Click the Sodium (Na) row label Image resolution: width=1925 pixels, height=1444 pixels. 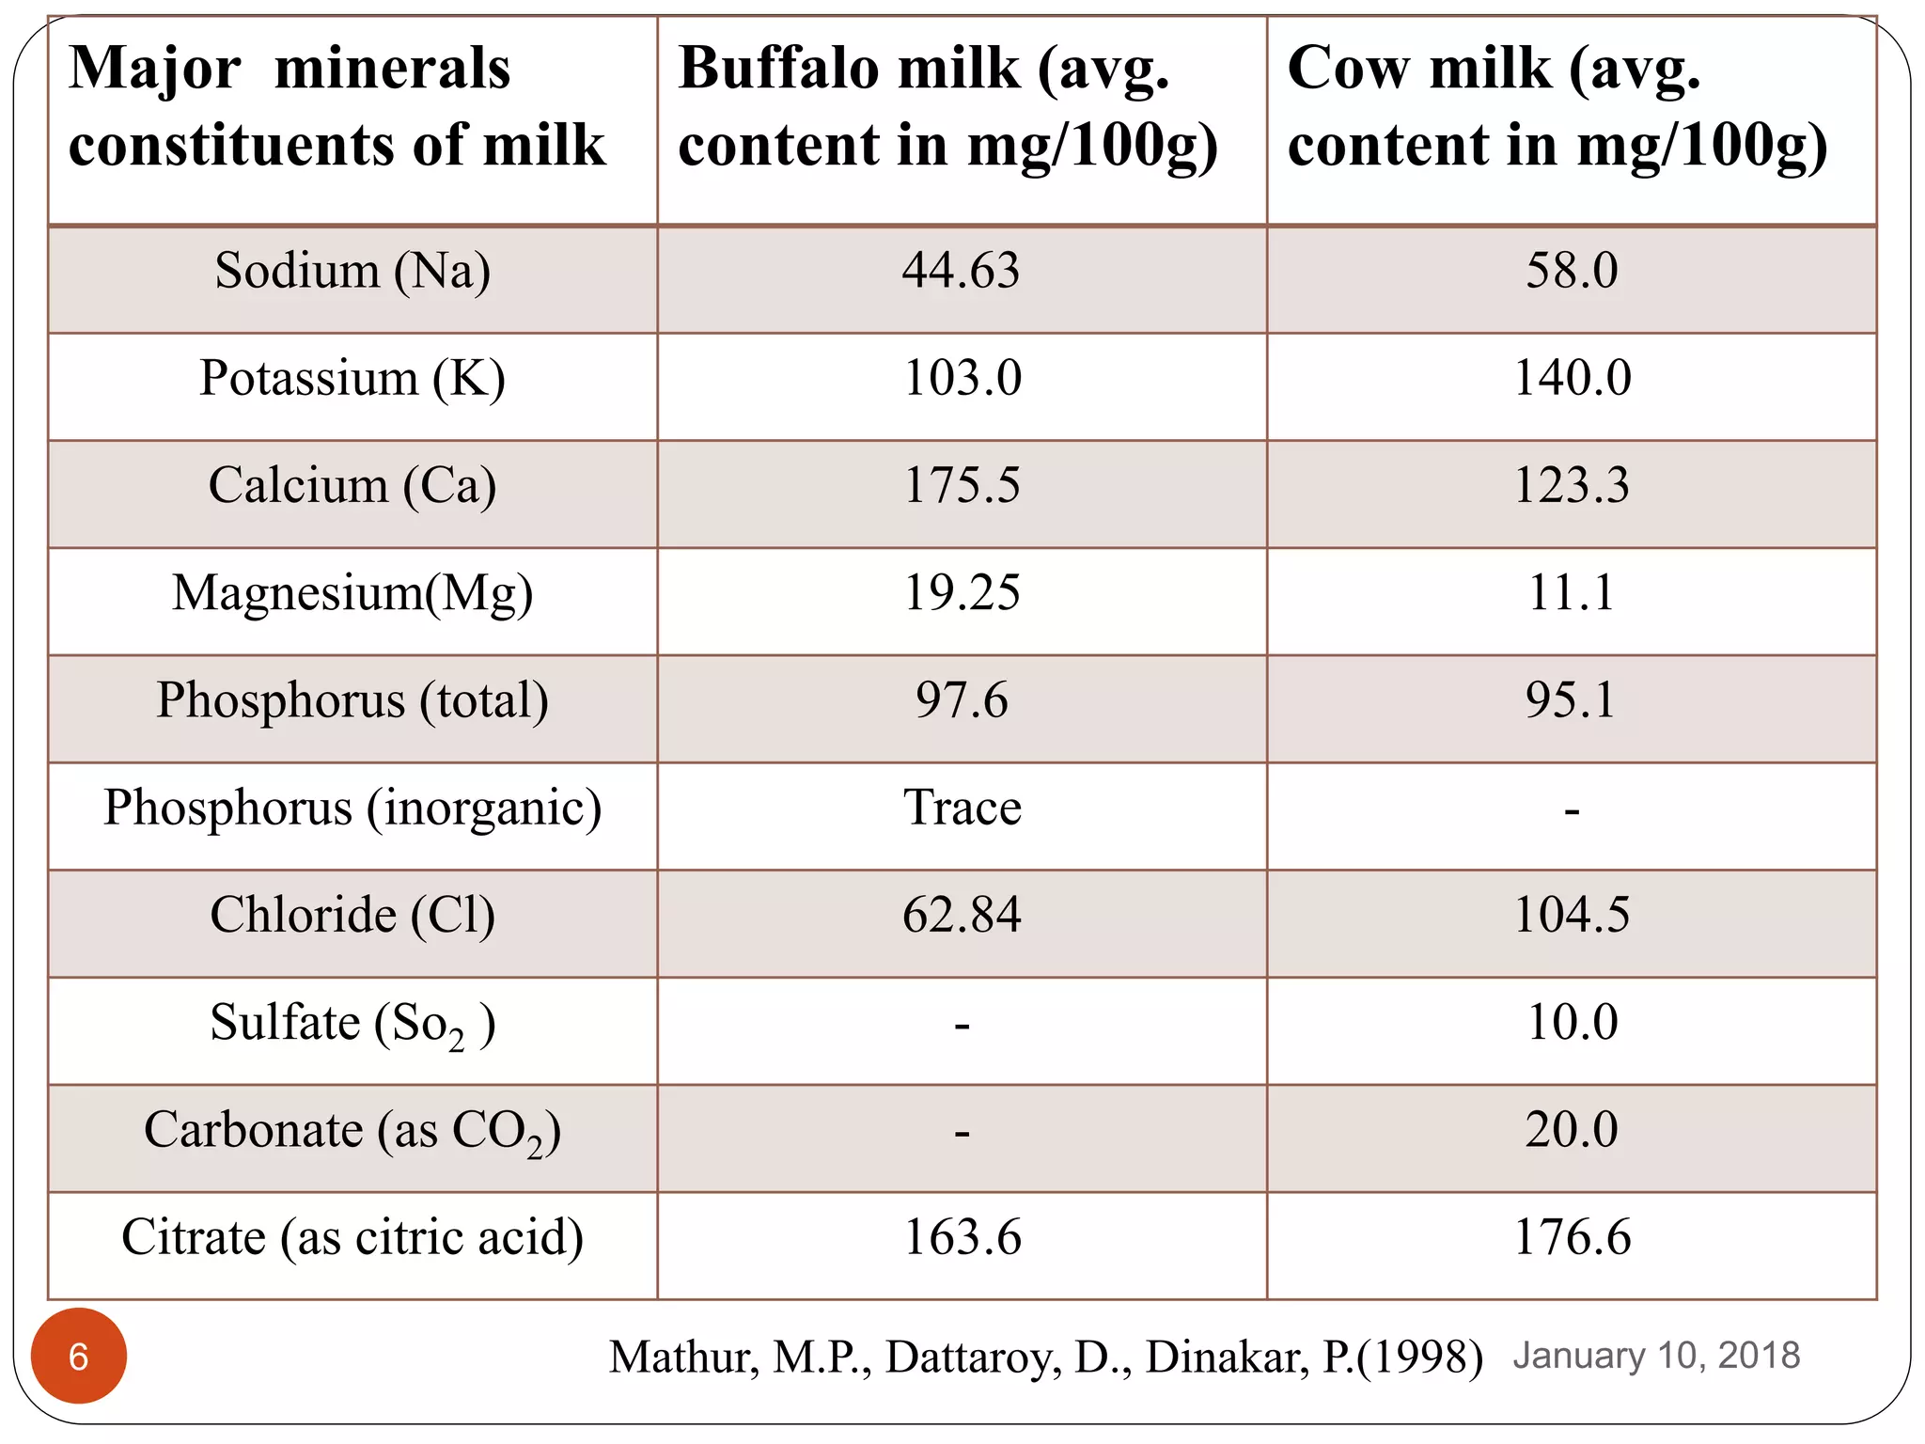(352, 271)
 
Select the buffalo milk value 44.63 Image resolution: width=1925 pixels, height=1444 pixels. (961, 271)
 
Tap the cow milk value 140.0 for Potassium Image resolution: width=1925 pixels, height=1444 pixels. (1572, 378)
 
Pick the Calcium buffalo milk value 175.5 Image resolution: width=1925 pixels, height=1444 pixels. (961, 486)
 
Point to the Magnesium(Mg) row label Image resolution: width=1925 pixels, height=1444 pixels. (352, 593)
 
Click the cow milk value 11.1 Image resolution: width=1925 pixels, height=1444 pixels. (1572, 593)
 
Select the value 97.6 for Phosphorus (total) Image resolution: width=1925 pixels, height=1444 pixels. (961, 700)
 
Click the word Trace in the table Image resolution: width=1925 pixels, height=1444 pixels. (962, 808)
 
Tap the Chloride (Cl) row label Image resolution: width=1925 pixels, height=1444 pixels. (352, 915)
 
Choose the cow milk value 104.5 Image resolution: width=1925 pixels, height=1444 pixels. (1572, 915)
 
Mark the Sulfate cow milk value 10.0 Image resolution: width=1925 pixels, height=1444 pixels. (1572, 1022)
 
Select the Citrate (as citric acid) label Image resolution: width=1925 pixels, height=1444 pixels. (352, 1237)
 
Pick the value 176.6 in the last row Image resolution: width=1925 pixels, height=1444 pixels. (1572, 1237)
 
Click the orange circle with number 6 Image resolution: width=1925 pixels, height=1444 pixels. (79, 1356)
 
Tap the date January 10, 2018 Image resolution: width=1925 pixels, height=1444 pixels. (1656, 1356)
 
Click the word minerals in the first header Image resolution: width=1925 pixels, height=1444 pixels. (392, 69)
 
